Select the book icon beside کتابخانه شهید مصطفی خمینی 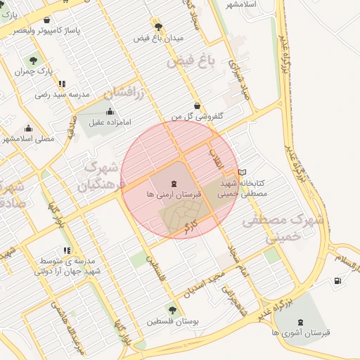(x=243, y=172)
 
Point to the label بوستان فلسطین (x=173, y=321)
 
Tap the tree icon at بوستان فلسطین (x=172, y=309)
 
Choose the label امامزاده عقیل (x=110, y=122)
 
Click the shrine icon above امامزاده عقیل (x=110, y=111)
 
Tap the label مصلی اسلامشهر (x=28, y=139)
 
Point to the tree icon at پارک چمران (x=34, y=60)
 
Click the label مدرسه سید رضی (x=63, y=94)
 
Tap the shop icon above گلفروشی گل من (x=197, y=105)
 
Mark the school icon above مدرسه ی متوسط (x=67, y=250)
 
